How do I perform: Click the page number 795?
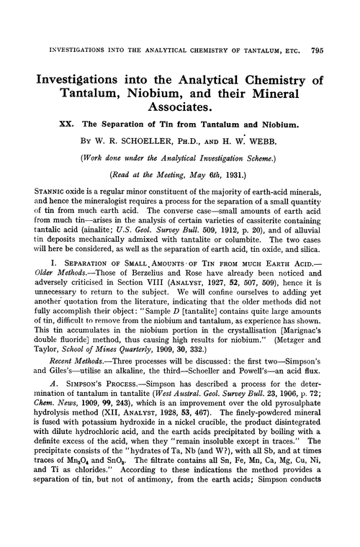click(x=343, y=11)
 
